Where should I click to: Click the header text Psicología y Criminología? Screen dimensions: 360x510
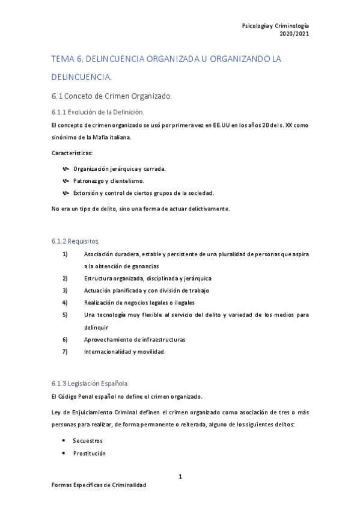click(x=275, y=26)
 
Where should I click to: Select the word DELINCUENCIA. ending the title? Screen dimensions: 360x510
click(x=82, y=76)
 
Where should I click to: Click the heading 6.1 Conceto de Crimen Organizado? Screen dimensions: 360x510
click(x=112, y=96)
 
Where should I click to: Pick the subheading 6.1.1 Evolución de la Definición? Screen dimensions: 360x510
click(x=98, y=112)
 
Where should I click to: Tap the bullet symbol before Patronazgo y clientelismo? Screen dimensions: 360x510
click(x=66, y=180)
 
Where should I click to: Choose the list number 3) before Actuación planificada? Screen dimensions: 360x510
click(x=65, y=290)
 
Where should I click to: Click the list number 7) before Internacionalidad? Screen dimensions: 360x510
click(x=65, y=352)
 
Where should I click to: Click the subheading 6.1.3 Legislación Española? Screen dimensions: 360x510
click(x=90, y=383)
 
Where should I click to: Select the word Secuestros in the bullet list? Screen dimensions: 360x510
click(x=88, y=441)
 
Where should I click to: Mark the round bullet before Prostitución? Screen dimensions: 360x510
click(x=64, y=453)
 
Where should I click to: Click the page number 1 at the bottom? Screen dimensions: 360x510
click(x=180, y=476)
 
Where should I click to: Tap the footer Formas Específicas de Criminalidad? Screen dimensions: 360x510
click(x=99, y=485)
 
